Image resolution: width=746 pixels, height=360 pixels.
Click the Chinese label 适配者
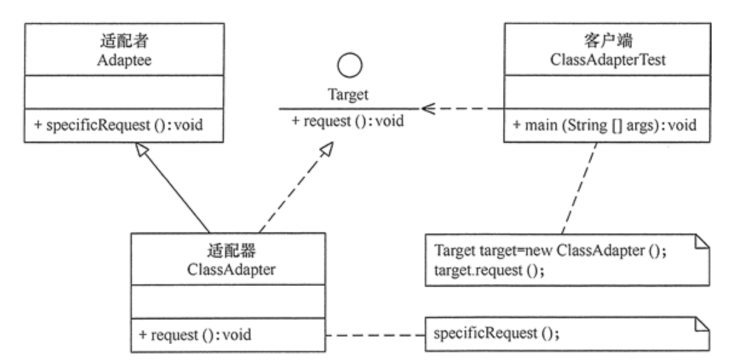[124, 42]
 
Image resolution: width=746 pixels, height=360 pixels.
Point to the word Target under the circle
[348, 95]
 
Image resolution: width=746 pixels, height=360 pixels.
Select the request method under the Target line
[348, 120]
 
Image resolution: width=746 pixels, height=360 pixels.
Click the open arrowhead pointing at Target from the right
[427, 109]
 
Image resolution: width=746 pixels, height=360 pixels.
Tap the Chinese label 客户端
[607, 42]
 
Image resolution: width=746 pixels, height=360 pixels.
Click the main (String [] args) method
[604, 126]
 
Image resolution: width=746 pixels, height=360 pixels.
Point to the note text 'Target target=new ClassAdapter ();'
[551, 251]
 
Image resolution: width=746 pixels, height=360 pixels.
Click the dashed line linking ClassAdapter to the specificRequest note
[375, 335]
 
